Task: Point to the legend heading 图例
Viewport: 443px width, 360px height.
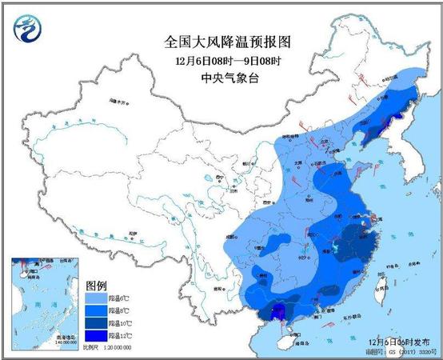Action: click(x=96, y=285)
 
